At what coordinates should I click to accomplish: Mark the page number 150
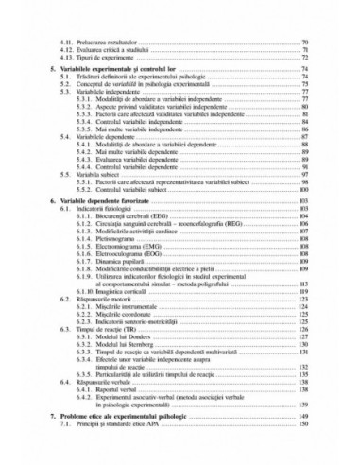[x=304, y=428]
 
